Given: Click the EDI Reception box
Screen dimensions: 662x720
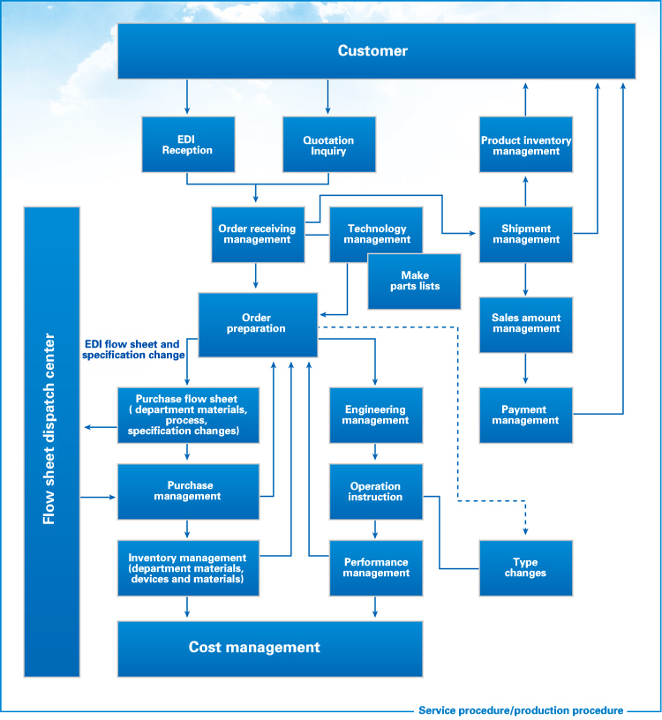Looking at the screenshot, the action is click(188, 145).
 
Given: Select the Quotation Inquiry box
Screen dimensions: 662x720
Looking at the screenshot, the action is click(329, 145).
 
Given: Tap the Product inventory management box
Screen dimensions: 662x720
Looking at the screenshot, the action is click(526, 145).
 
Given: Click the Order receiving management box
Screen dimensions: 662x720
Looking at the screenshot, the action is click(258, 235).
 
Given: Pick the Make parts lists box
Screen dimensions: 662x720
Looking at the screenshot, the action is click(414, 281).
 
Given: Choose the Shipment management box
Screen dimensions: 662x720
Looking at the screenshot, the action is click(526, 235).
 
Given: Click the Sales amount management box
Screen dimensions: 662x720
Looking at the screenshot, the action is click(526, 325).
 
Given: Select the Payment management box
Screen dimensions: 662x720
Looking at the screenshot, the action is click(526, 415).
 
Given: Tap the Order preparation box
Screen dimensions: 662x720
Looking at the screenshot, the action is click(258, 325).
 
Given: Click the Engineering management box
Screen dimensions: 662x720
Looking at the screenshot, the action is click(376, 415).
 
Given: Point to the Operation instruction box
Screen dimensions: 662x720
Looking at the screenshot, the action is click(376, 491).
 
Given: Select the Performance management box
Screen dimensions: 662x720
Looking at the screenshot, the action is click(376, 568).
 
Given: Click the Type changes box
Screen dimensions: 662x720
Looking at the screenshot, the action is click(526, 568).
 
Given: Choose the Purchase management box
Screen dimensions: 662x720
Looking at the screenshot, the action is click(188, 491).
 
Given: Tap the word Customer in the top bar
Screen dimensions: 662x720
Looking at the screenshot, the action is click(372, 50).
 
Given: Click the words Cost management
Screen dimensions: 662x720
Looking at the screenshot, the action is click(254, 647).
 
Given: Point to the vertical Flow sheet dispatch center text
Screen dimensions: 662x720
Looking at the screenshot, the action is click(49, 429).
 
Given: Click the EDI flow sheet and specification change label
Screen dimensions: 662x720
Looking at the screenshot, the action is click(133, 349).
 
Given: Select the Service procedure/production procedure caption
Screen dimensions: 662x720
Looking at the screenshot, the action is click(521, 710).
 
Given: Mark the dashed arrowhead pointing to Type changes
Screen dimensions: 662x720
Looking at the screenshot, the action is click(525, 532).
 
